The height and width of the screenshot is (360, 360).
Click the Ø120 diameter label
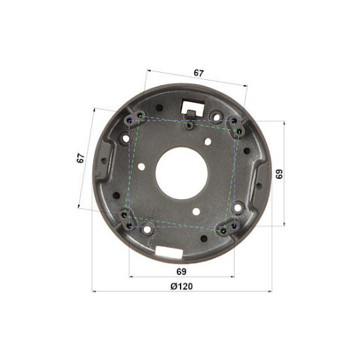pyautogui.click(x=181, y=286)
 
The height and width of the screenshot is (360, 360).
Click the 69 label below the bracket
pyautogui.click(x=181, y=272)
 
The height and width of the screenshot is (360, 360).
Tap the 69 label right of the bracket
pyautogui.click(x=279, y=174)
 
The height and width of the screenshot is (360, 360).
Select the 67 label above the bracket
pyautogui.click(x=198, y=73)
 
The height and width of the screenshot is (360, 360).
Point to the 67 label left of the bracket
pyautogui.click(x=81, y=158)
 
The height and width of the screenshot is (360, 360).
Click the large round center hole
pyautogui.click(x=181, y=173)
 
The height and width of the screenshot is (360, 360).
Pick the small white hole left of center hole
pyautogui.click(x=142, y=166)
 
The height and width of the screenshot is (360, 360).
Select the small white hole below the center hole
pyautogui.click(x=196, y=211)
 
